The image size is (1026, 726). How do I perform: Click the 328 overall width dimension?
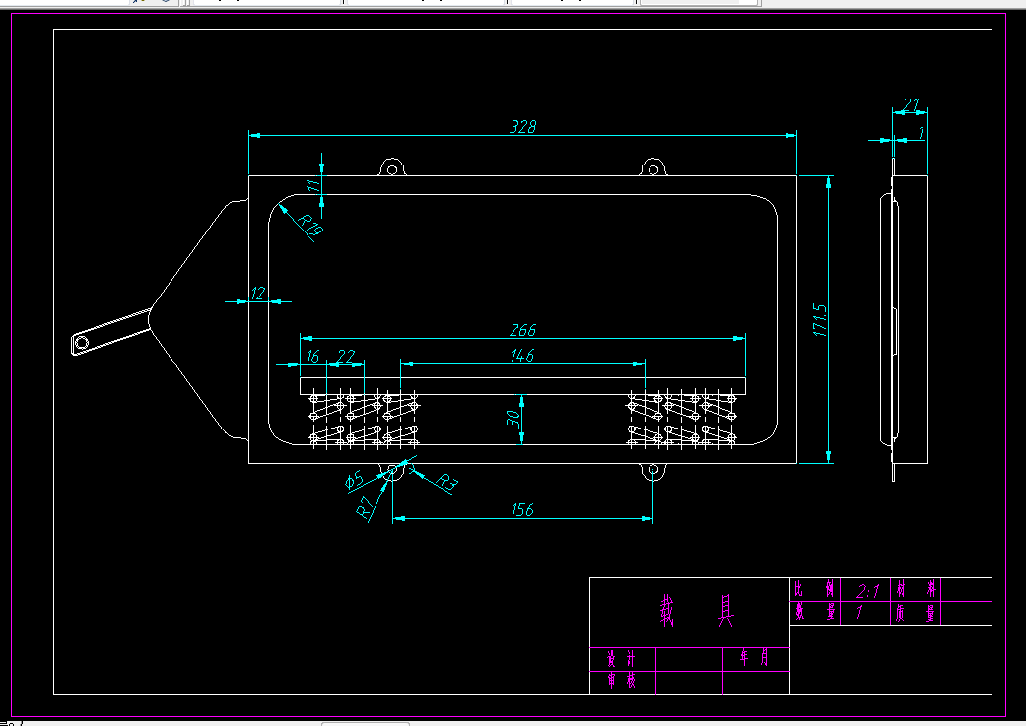[x=522, y=126]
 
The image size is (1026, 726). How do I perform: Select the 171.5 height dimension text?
[x=819, y=320]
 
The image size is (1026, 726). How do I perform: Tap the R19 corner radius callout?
[x=311, y=226]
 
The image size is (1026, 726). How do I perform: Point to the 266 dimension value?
[x=522, y=330]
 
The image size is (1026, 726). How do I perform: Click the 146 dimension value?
[x=522, y=356]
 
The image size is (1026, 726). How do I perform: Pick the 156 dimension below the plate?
[x=522, y=509]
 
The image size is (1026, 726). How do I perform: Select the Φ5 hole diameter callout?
[x=355, y=481]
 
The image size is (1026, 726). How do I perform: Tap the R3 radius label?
[x=447, y=483]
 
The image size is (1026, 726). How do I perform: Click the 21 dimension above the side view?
[x=911, y=104]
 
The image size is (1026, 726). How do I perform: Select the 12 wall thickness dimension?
[x=258, y=293]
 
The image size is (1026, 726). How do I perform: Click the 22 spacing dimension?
[x=346, y=356]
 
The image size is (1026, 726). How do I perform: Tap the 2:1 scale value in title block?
[x=868, y=589]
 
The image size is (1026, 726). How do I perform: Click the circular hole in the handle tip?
[x=81, y=343]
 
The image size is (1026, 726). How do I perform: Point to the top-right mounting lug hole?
[x=650, y=168]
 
